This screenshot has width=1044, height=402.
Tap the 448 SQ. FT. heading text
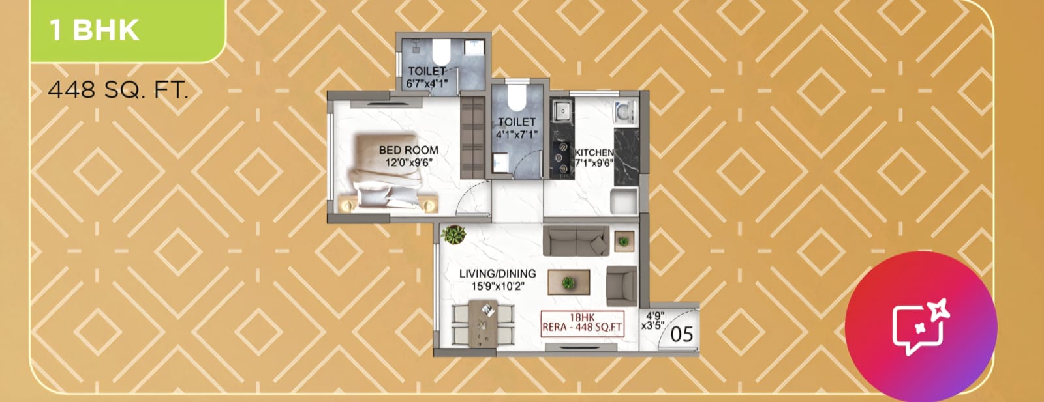click(x=118, y=90)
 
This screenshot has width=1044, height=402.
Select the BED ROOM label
click(x=408, y=150)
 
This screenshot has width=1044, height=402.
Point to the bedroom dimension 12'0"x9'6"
click(x=408, y=162)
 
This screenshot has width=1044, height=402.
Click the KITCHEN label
click(x=594, y=152)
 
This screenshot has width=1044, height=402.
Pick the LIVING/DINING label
click(x=497, y=274)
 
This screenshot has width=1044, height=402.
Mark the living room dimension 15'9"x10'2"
click(x=498, y=286)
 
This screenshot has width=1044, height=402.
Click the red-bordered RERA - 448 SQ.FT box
click(x=583, y=324)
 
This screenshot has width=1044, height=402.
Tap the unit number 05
click(x=681, y=334)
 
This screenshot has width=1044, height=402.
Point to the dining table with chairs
click(x=483, y=322)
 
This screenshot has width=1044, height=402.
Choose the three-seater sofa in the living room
click(x=576, y=241)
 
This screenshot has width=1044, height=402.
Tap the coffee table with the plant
click(x=568, y=283)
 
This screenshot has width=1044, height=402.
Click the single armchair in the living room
click(x=621, y=285)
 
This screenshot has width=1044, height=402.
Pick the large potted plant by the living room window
click(x=452, y=235)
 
